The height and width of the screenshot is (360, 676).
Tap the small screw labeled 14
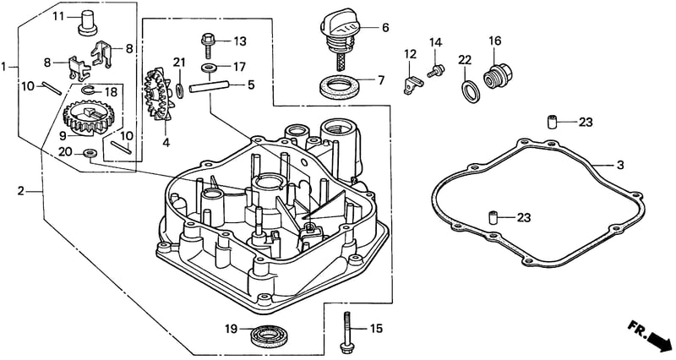tap(436, 71)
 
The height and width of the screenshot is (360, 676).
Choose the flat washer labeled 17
tap(210, 68)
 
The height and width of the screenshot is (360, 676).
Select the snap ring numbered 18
tap(89, 90)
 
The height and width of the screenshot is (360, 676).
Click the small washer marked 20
tap(90, 153)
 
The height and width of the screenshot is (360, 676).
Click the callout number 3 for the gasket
tap(620, 165)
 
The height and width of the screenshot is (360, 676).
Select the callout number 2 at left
tap(21, 191)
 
